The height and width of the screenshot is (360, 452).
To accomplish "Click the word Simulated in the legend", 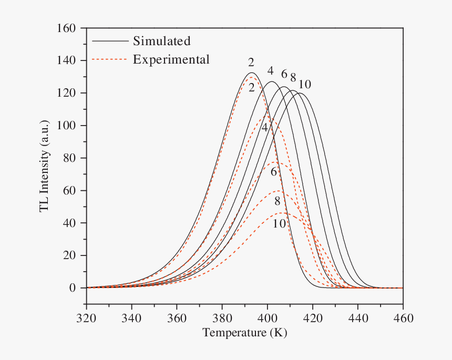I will [x=161, y=40].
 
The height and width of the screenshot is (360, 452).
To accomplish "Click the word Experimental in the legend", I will [x=171, y=59].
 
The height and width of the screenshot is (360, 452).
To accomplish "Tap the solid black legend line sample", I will [x=109, y=40].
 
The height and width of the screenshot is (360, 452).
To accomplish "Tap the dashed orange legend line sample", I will [x=109, y=59].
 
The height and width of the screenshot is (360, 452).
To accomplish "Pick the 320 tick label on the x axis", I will [x=86, y=318].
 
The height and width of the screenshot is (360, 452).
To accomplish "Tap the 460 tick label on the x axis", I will [x=403, y=318].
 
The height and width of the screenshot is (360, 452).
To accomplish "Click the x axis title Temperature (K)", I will [x=244, y=333].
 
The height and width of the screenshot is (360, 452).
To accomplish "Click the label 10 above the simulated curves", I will [x=305, y=84].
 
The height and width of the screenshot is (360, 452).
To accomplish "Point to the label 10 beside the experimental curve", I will [x=280, y=223].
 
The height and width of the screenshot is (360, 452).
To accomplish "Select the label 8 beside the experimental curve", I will [x=277, y=201].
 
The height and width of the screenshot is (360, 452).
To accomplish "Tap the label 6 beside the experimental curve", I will [x=274, y=172].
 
